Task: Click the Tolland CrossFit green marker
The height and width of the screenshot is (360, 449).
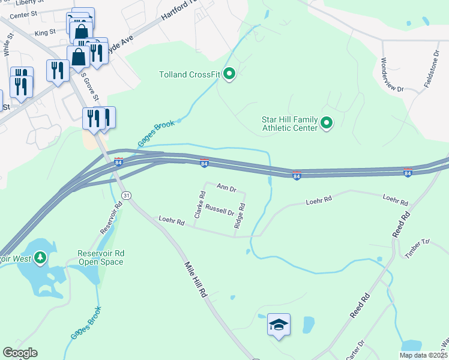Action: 229,74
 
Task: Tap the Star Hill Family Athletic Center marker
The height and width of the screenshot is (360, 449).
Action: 327,123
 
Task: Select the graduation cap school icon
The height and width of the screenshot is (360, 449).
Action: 279,325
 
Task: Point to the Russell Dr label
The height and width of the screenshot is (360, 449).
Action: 220,211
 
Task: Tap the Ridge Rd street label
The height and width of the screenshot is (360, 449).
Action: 240,215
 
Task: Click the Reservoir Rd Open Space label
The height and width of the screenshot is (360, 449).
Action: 100,257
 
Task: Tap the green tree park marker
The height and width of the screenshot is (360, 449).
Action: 40,258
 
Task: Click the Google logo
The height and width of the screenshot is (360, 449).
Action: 20,353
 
